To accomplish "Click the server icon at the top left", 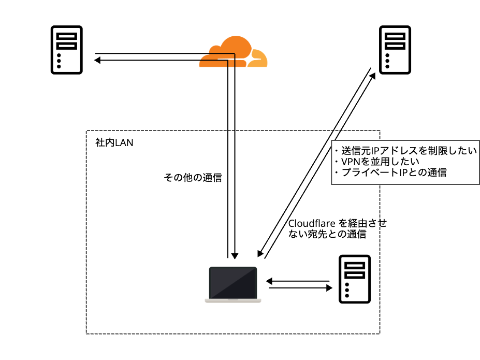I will click(66, 50).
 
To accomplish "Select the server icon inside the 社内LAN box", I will click(354, 279).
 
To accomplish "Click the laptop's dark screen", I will click(233, 282).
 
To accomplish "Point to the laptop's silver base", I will click(233, 300).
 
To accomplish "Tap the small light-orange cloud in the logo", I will click(258, 59).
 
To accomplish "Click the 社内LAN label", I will click(114, 142).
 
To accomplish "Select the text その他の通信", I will click(193, 178).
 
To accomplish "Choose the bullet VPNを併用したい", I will click(380, 162).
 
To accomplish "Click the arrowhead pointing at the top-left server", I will click(97, 61).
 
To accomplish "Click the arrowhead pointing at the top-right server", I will click(374, 76).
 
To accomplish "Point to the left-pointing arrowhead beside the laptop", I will click(269, 281).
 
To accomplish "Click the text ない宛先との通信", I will click(327, 234).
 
